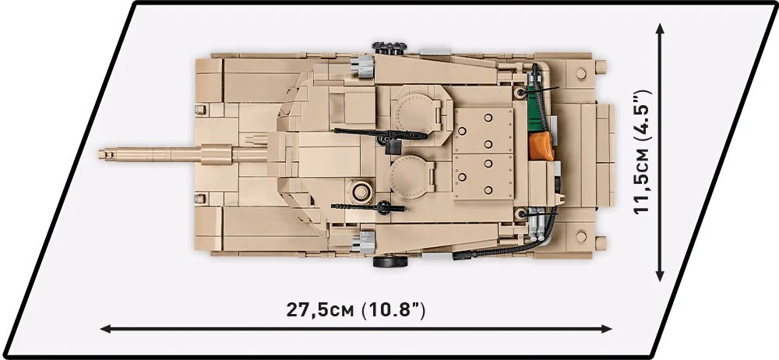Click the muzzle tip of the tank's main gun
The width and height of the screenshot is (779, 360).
pos(100,154)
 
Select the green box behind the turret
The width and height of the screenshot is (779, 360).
pos(537,109)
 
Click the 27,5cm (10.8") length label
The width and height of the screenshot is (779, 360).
pos(356,310)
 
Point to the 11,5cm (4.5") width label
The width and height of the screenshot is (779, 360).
pos(643,152)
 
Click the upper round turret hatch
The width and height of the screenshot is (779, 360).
pos(415,112)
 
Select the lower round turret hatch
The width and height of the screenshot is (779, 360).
pos(409,177)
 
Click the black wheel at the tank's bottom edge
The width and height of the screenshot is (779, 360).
pos(388,262)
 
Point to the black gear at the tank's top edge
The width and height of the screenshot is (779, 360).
pos(389,48)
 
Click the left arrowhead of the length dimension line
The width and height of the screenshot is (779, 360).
pos(104,329)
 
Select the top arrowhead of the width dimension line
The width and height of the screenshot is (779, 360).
pos(660,27)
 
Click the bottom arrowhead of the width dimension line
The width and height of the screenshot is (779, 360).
pos(660,277)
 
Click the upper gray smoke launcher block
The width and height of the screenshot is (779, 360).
pos(362,67)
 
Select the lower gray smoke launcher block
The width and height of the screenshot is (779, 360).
pos(364,242)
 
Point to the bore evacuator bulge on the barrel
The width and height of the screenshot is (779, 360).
pos(217,154)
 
